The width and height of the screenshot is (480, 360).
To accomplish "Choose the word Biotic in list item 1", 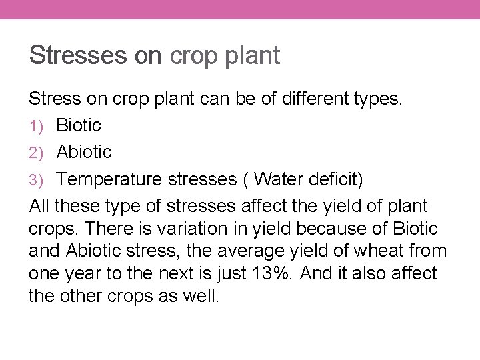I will click(x=79, y=125).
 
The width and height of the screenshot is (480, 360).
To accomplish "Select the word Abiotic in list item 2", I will click(x=85, y=152).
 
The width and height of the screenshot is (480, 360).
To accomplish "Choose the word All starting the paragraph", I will click(x=41, y=207).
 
